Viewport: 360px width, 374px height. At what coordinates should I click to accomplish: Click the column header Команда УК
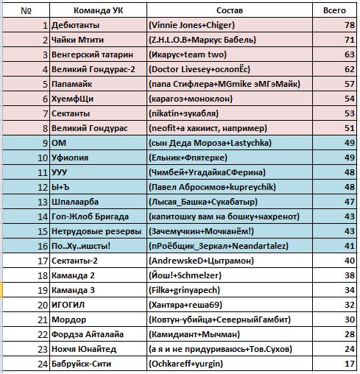[98, 10]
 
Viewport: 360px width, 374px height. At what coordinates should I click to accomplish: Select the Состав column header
[230, 10]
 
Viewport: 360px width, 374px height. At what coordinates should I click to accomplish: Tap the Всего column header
[334, 10]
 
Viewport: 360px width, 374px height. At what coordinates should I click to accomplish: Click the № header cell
[26, 10]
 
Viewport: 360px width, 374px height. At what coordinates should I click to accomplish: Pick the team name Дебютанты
[75, 25]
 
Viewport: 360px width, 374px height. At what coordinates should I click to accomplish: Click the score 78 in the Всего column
[350, 25]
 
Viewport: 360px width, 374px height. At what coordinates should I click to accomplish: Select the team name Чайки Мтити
[77, 40]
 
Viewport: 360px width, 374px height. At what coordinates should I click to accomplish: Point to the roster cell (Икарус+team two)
[188, 54]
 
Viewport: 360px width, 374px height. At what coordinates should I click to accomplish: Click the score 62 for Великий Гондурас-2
[350, 69]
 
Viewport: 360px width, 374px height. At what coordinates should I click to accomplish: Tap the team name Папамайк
[71, 84]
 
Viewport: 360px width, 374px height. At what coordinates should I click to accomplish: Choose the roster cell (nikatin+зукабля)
[183, 113]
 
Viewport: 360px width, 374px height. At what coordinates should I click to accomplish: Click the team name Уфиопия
[70, 158]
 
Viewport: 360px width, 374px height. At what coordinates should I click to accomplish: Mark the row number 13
[43, 202]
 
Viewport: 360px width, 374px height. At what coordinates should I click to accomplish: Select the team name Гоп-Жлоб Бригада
[90, 216]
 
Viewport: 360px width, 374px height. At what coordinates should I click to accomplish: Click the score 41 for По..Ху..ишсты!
[350, 246]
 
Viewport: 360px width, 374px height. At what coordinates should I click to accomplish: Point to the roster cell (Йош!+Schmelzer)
[185, 275]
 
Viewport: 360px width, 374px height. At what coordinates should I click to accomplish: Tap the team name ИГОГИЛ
[68, 305]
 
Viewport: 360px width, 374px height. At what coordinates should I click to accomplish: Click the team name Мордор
[68, 320]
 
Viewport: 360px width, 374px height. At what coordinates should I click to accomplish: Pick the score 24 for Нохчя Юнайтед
[350, 349]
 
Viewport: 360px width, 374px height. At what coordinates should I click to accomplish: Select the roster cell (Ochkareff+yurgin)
[186, 364]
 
